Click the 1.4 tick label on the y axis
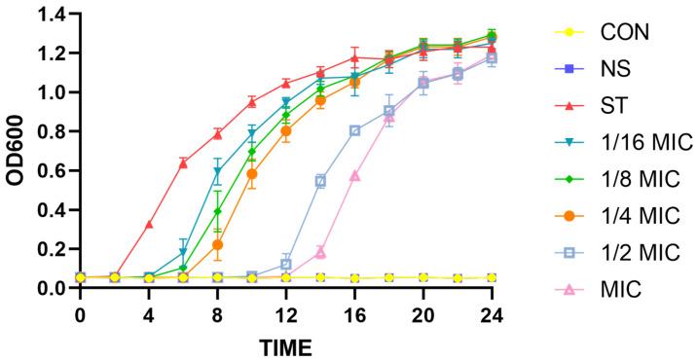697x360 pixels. pyautogui.click(x=51, y=14)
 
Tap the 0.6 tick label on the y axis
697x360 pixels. pyautogui.click(x=51, y=170)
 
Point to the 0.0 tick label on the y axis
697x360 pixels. pyautogui.click(x=51, y=288)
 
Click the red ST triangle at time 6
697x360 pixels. pyautogui.click(x=183, y=163)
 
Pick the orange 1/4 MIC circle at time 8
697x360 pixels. pyautogui.click(x=217, y=245)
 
